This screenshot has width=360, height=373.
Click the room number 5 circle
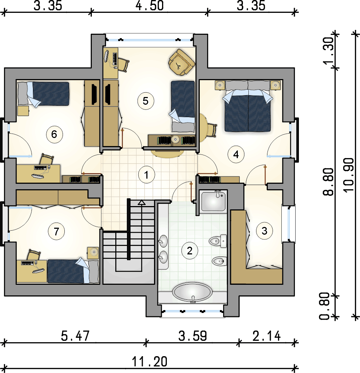(x=146, y=101)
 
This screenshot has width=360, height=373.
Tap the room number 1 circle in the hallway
(x=146, y=175)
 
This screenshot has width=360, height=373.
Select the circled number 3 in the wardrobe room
(x=265, y=231)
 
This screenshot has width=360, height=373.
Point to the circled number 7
(x=56, y=231)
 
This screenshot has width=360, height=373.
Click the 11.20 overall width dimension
(x=150, y=361)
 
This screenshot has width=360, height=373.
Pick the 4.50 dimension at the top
(x=150, y=5)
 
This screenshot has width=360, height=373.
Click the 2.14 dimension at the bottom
(x=267, y=336)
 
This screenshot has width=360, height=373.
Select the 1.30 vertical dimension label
(x=329, y=51)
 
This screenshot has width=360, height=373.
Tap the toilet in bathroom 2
(x=218, y=241)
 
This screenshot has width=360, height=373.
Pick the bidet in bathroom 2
(x=218, y=261)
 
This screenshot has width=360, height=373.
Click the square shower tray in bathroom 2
(x=213, y=201)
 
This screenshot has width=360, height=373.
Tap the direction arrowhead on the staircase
(x=142, y=202)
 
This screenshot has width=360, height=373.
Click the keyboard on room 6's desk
(x=40, y=168)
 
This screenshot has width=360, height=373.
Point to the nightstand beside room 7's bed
(x=93, y=253)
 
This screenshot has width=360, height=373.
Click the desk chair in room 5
(x=123, y=65)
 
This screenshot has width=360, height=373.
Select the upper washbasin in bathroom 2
(x=163, y=241)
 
